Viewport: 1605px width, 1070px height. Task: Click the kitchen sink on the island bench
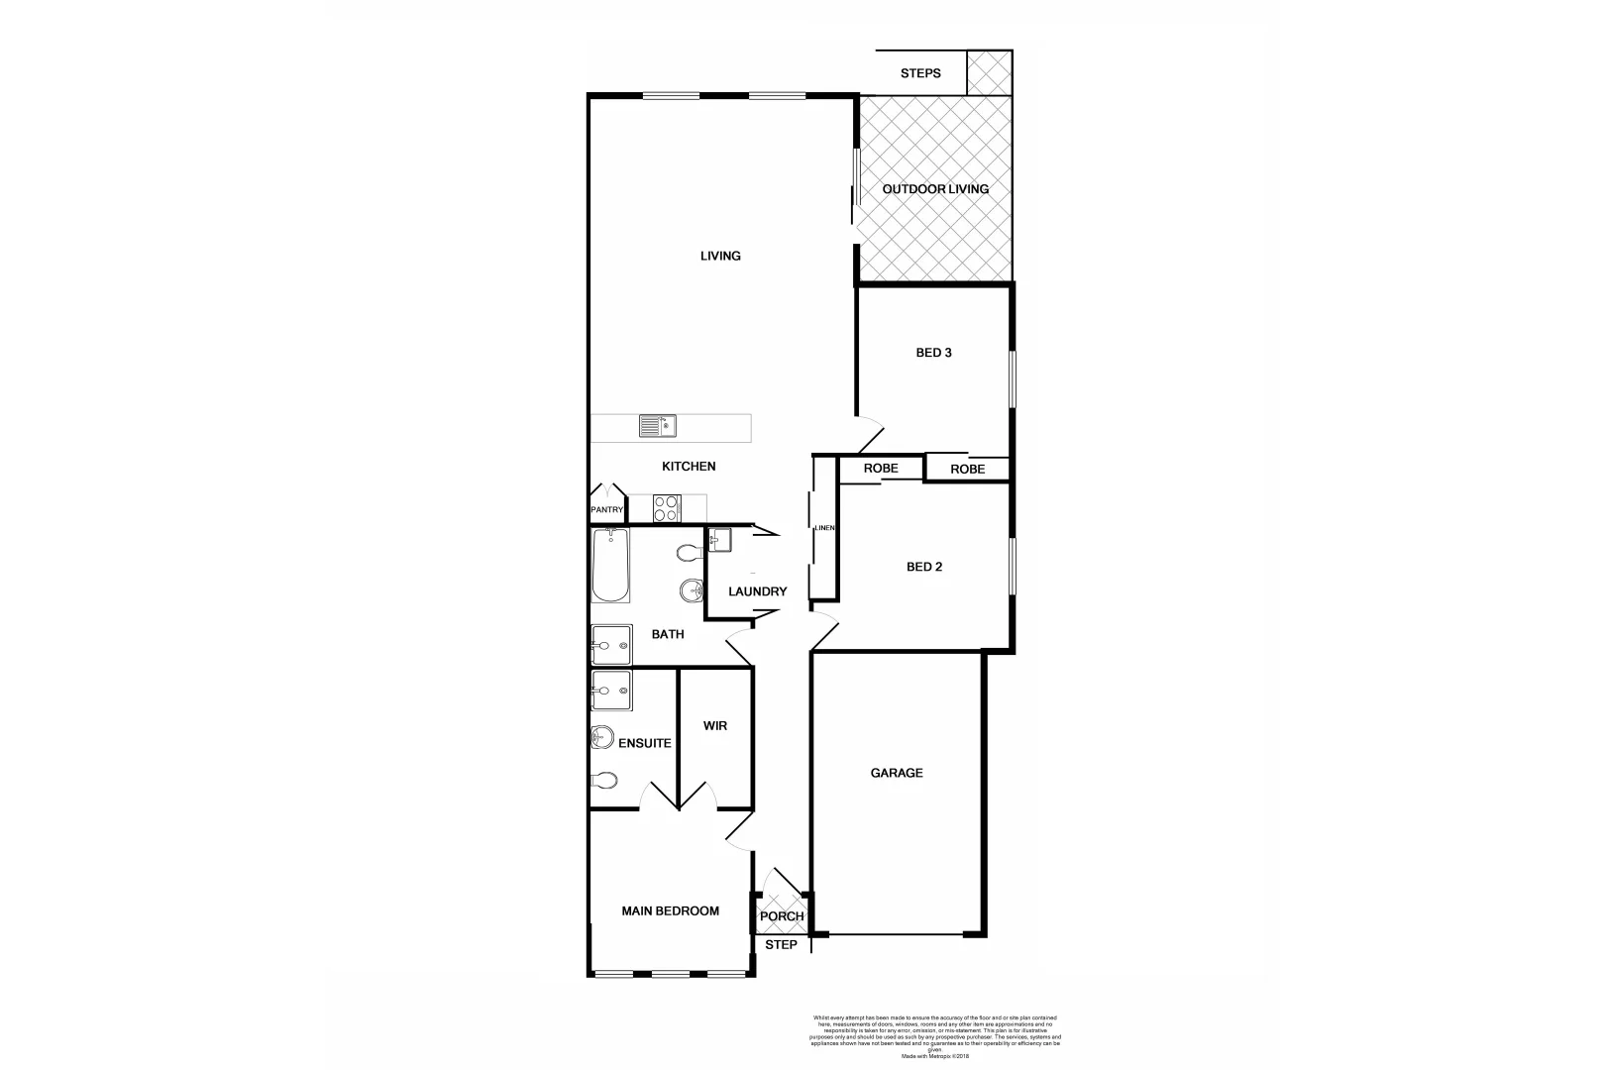(x=657, y=426)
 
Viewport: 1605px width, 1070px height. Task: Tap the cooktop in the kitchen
(x=667, y=509)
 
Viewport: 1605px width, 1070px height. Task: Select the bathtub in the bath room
(x=610, y=566)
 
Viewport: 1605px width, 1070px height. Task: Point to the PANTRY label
(x=607, y=510)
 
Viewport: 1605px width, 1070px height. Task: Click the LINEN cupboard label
(x=824, y=528)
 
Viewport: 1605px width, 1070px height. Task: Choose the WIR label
(x=714, y=726)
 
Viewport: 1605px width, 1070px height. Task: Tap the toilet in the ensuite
(x=602, y=780)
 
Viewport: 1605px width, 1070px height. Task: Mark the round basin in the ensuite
(x=601, y=737)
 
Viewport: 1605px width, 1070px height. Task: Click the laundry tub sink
(x=720, y=540)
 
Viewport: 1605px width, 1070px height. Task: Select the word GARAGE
(x=897, y=773)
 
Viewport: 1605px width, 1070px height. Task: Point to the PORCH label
(x=782, y=916)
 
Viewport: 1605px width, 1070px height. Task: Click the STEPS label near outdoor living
(x=920, y=73)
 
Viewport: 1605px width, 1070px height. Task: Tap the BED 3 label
(x=933, y=352)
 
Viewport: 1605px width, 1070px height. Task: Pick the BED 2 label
(x=924, y=567)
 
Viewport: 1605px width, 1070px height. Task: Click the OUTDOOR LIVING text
(x=935, y=189)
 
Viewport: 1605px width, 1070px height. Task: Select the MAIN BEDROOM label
(x=670, y=911)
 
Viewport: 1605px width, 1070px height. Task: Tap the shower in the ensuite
(x=611, y=690)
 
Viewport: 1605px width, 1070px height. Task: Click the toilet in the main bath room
(x=688, y=552)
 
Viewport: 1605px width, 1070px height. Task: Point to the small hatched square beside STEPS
(x=989, y=73)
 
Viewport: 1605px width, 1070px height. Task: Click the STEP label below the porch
(x=781, y=945)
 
